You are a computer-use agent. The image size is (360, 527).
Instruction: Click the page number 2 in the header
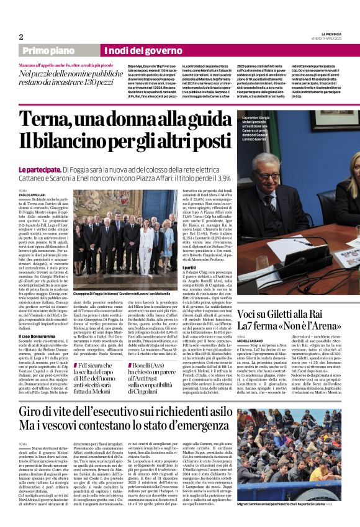(x=20, y=36)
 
